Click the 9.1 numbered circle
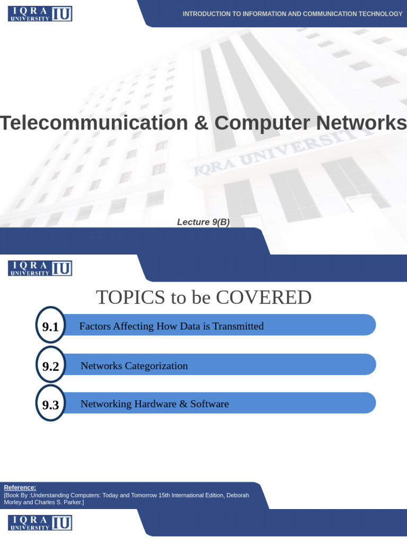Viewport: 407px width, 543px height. (x=50, y=327)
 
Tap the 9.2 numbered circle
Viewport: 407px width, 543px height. (x=50, y=366)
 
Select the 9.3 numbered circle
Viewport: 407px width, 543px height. (x=50, y=405)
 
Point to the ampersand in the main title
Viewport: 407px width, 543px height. (x=201, y=123)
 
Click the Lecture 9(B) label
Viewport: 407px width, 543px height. (x=203, y=222)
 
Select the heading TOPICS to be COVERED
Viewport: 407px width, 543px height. (x=203, y=297)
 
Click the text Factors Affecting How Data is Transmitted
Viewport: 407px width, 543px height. (x=171, y=326)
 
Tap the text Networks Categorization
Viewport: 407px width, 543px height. (x=134, y=366)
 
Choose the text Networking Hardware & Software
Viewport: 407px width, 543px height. (x=155, y=404)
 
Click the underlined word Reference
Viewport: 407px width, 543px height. (x=20, y=487)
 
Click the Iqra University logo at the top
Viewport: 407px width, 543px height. (x=40, y=14)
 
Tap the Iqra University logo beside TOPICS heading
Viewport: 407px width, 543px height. (x=40, y=268)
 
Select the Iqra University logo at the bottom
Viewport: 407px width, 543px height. (x=40, y=523)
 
